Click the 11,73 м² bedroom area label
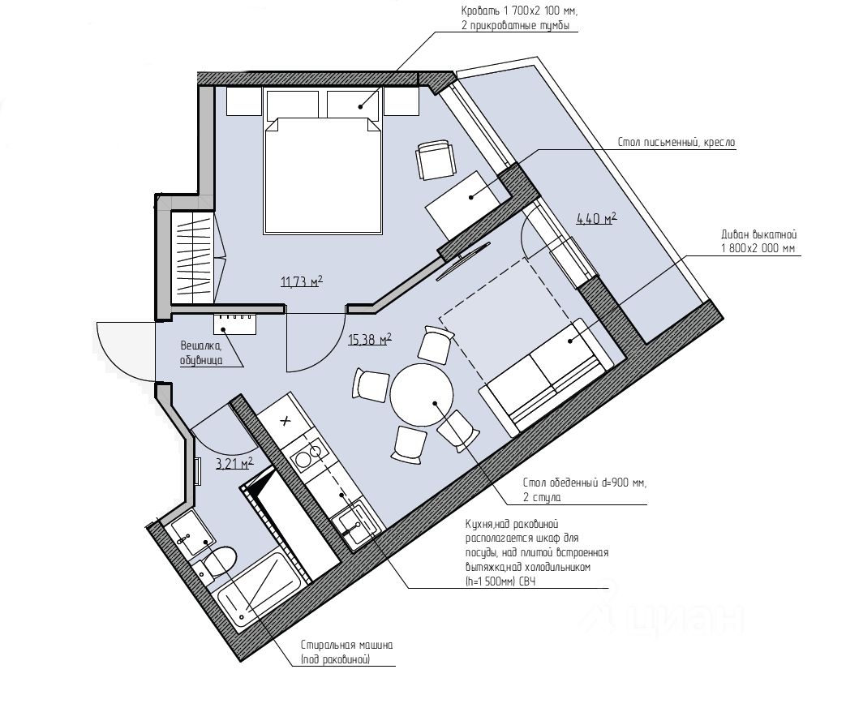tap(302, 281)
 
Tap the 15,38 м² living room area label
tap(370, 339)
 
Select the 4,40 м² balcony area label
tap(597, 218)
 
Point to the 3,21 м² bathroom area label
tap(234, 463)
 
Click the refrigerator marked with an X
tap(286, 420)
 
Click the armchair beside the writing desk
tap(435, 159)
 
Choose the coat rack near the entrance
tap(235, 324)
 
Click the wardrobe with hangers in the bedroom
tap(192, 257)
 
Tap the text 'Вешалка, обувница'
tap(201, 353)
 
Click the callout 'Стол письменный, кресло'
tap(676, 143)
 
